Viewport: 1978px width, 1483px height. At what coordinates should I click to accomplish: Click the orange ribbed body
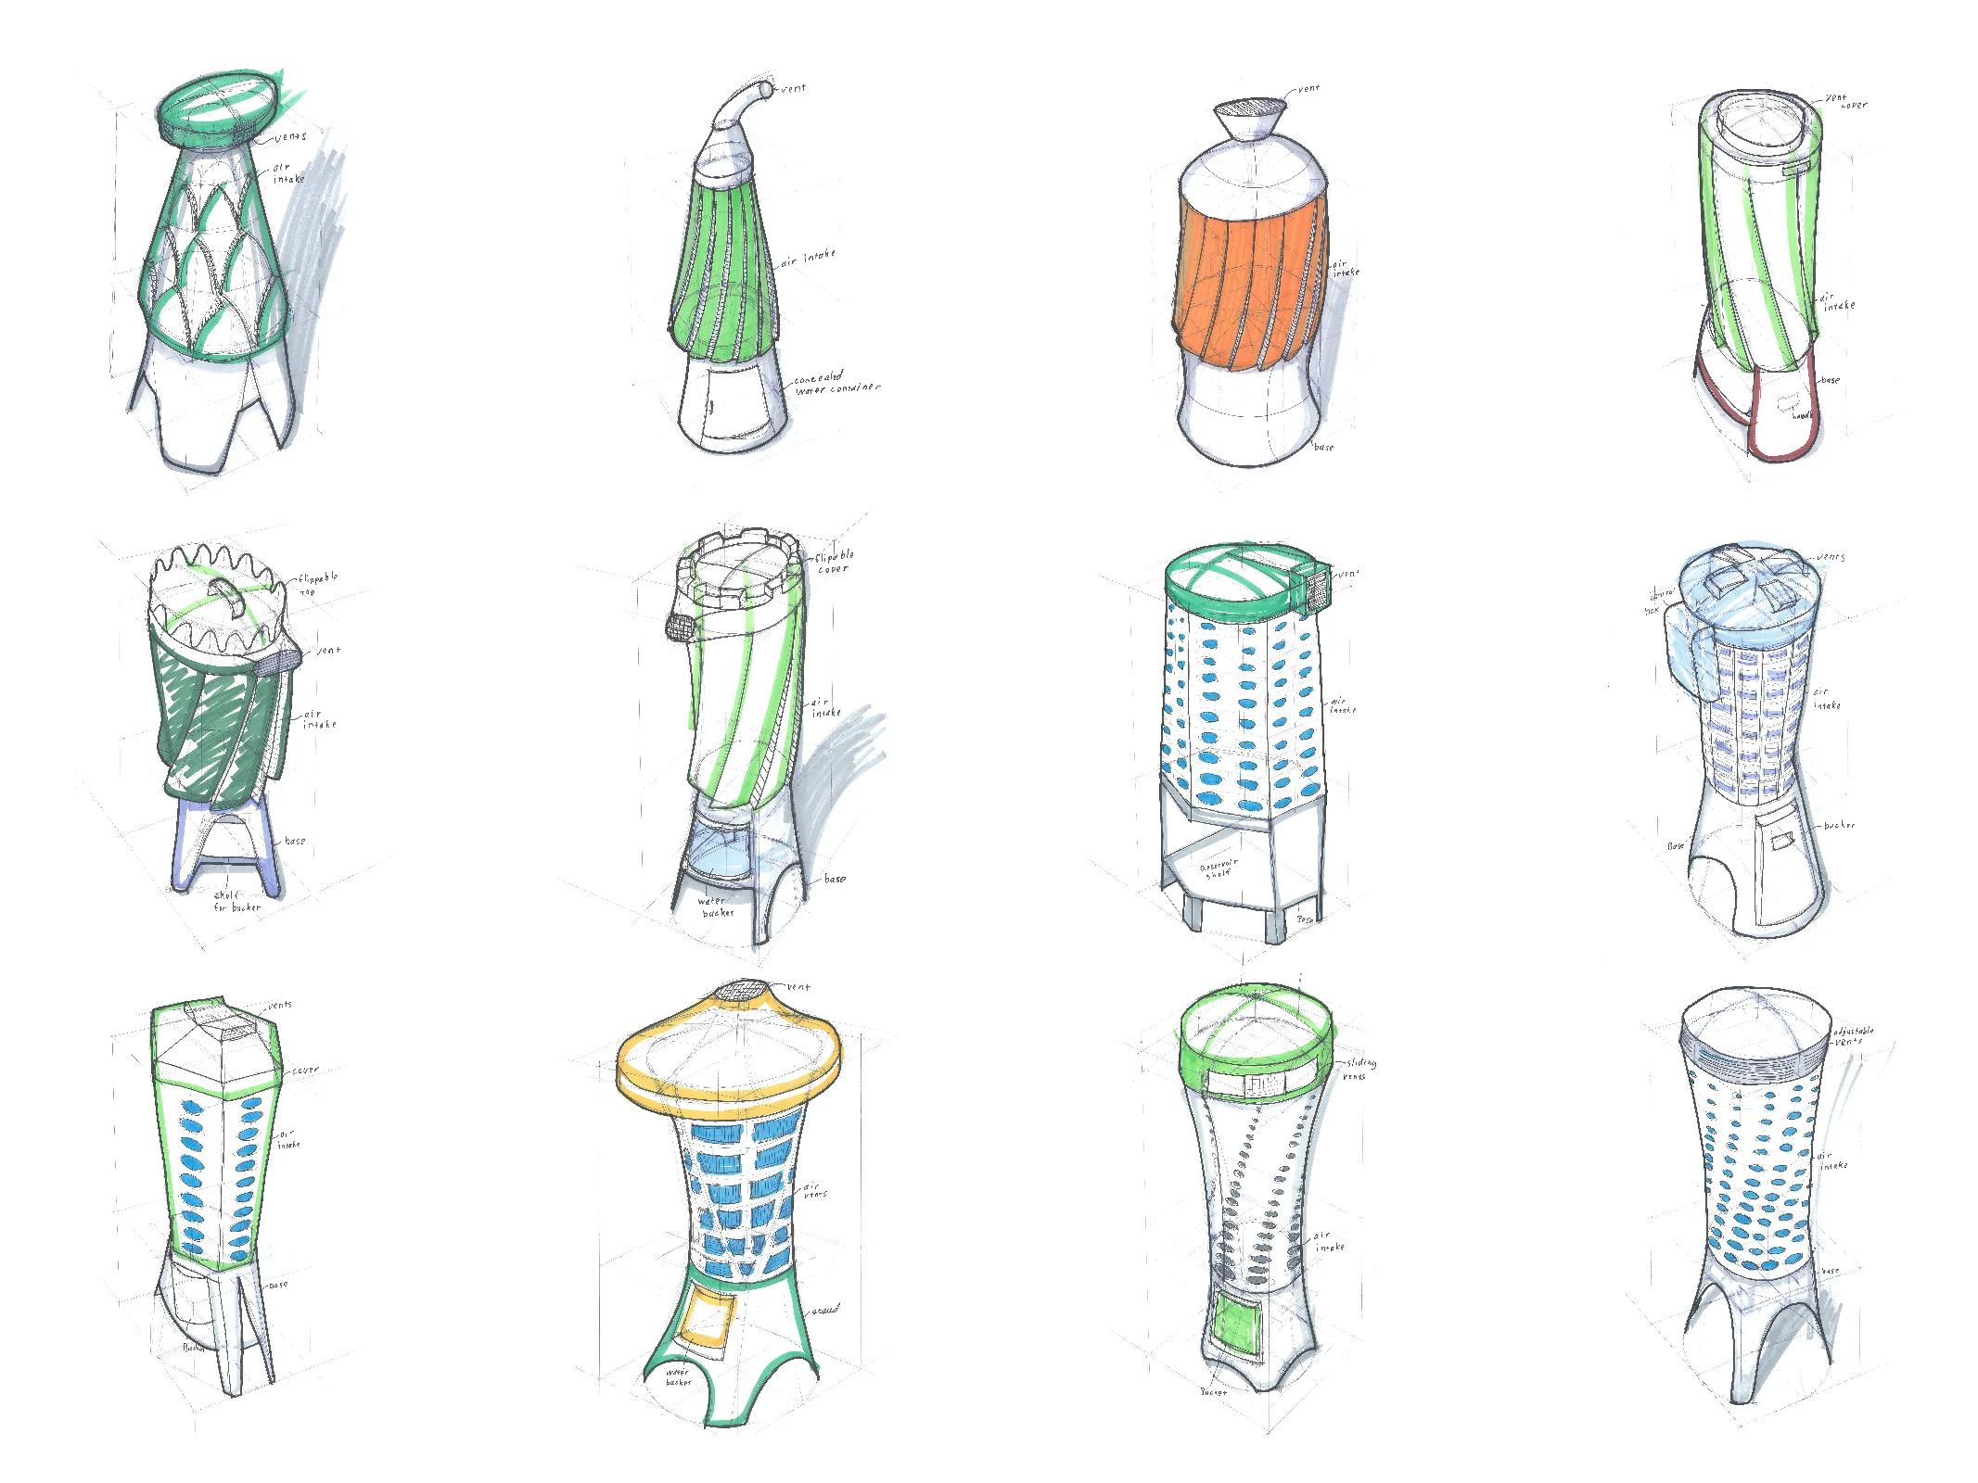tap(1247, 278)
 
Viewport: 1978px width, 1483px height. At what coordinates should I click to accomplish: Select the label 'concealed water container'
tap(835, 384)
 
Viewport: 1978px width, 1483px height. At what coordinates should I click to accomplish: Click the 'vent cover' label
tap(1845, 101)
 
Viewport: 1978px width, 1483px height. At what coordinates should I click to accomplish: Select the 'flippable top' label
tap(317, 583)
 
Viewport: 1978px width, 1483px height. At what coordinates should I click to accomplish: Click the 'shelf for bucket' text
tap(236, 901)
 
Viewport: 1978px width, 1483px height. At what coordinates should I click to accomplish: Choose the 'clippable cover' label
tap(834, 562)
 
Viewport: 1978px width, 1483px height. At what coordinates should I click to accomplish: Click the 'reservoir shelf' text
tap(1218, 868)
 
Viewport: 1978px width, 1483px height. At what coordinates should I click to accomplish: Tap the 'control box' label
tap(1659, 601)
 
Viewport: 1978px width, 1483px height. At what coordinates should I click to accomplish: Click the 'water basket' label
tap(678, 1376)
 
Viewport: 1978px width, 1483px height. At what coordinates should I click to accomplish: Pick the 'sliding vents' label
tap(1359, 1069)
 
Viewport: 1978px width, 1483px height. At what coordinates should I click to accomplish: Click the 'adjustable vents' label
tap(1852, 1035)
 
